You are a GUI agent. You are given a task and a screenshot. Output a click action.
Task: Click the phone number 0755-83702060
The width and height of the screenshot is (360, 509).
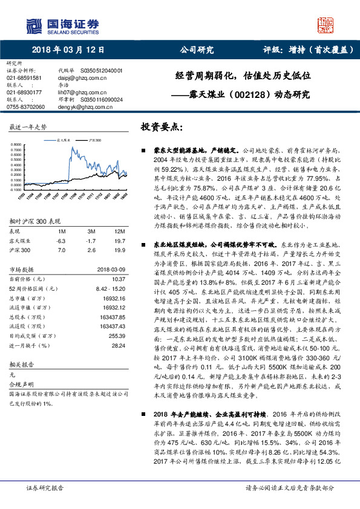pyautogui.click(x=25, y=106)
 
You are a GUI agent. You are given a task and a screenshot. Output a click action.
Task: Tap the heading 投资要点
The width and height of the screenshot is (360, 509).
pyautogui.click(x=162, y=128)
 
